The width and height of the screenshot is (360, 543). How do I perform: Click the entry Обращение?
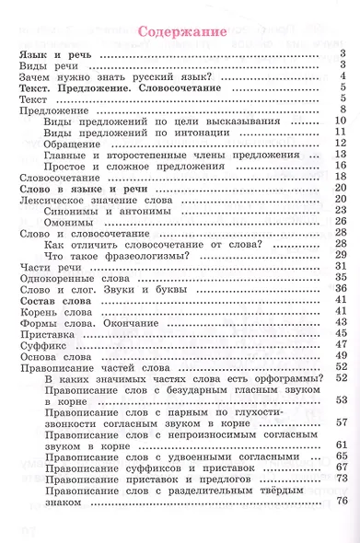[x=73, y=143]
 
